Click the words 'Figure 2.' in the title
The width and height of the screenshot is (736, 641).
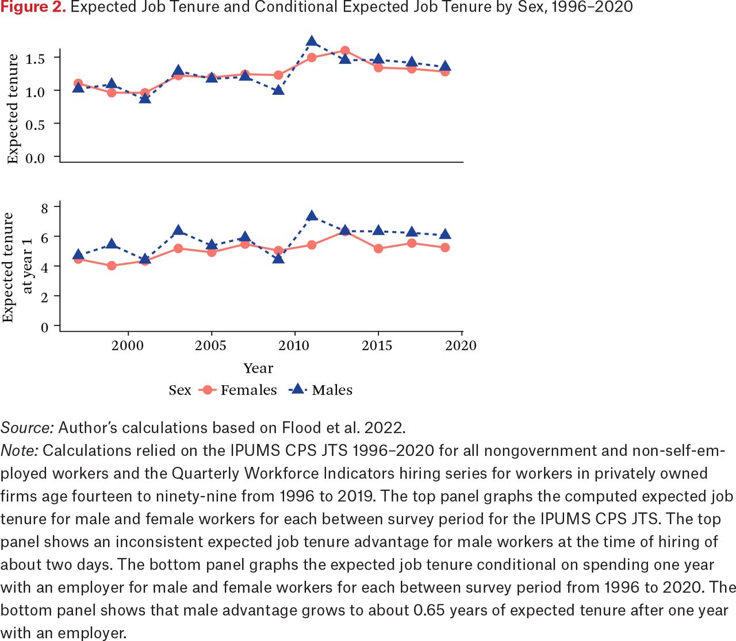pos(33,7)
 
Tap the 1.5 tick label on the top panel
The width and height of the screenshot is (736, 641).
pos(35,59)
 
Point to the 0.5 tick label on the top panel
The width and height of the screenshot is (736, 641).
pos(35,125)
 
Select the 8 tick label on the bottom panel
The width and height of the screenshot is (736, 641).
pos(45,208)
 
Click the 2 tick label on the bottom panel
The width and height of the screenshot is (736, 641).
pos(45,297)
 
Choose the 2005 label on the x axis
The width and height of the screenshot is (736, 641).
pos(211,346)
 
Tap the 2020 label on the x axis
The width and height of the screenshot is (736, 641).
pos(461,346)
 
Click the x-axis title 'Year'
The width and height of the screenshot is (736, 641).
pos(258,368)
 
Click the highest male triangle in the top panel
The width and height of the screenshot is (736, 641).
pos(312,41)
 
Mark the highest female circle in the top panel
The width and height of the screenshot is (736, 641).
pos(345,51)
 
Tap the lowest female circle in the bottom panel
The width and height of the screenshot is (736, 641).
pos(112,266)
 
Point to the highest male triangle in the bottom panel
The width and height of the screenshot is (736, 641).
pos(312,216)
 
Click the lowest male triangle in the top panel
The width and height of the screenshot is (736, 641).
pos(145,98)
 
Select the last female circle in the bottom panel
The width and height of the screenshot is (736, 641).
pos(445,247)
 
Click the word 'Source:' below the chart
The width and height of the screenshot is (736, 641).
pos(28,428)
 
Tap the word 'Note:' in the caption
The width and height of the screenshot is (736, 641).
pos(20,451)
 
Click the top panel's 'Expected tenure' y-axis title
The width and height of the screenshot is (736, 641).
pos(13,109)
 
